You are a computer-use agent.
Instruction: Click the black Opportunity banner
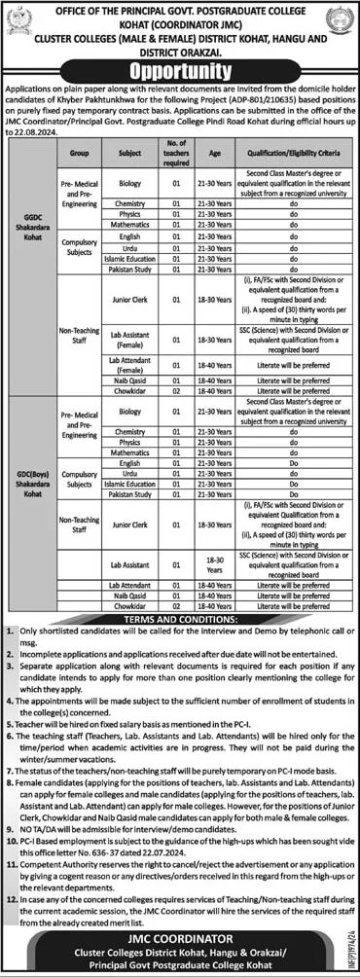click(180, 73)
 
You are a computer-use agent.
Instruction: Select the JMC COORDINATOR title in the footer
click(180, 935)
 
